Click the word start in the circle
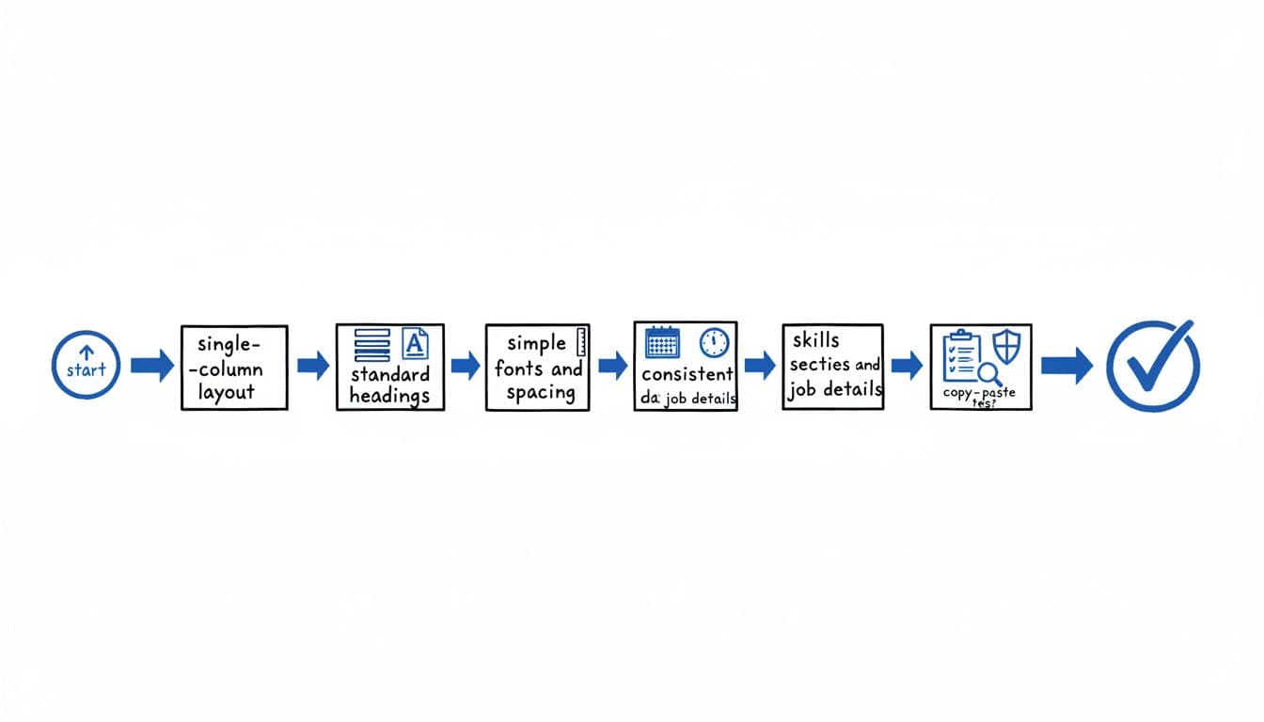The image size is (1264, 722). pyautogui.click(x=86, y=370)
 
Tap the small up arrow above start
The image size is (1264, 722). pyautogui.click(x=87, y=353)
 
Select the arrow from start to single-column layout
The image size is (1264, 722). pyautogui.click(x=151, y=366)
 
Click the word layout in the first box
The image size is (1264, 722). pyautogui.click(x=226, y=392)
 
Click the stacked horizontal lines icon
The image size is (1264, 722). pyautogui.click(x=372, y=345)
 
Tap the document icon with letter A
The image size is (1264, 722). pyautogui.click(x=414, y=343)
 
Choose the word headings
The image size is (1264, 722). pyautogui.click(x=389, y=395)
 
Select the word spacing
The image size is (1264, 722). pyautogui.click(x=540, y=393)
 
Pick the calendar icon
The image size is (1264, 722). pyautogui.click(x=663, y=340)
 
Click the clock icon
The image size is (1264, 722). pyautogui.click(x=714, y=341)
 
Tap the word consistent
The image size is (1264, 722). pyautogui.click(x=687, y=374)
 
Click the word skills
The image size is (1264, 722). pyautogui.click(x=815, y=340)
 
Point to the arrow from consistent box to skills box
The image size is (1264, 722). pyautogui.click(x=759, y=366)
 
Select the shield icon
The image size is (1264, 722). pyautogui.click(x=1005, y=345)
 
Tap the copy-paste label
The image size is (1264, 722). pyautogui.click(x=979, y=393)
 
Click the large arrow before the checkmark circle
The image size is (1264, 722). pyautogui.click(x=1066, y=366)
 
